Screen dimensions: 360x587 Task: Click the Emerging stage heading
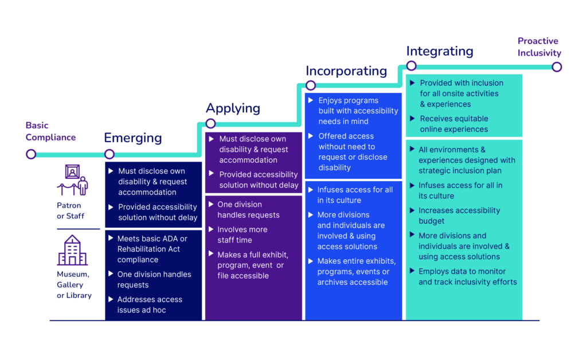(x=132, y=138)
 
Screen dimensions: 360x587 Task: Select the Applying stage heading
(x=233, y=108)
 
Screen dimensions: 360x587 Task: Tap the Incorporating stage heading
(x=346, y=71)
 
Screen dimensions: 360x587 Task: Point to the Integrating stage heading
(x=440, y=51)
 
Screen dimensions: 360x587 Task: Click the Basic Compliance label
(x=50, y=131)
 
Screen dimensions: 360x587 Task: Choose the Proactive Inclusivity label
(x=539, y=47)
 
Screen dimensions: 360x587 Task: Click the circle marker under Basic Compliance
(x=31, y=154)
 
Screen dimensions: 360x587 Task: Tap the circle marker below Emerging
(x=109, y=154)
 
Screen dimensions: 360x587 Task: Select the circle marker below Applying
(x=210, y=123)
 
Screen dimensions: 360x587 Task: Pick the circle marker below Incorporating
(x=311, y=85)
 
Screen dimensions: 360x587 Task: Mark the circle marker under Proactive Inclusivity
(x=557, y=67)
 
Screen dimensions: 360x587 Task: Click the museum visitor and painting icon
(x=72, y=180)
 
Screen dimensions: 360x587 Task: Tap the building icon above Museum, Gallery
(x=72, y=250)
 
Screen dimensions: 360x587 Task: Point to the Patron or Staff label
(x=69, y=210)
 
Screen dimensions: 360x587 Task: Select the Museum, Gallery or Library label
(x=74, y=285)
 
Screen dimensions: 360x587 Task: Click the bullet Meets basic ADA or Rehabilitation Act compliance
(x=152, y=249)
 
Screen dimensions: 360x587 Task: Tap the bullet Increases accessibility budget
(x=459, y=216)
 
